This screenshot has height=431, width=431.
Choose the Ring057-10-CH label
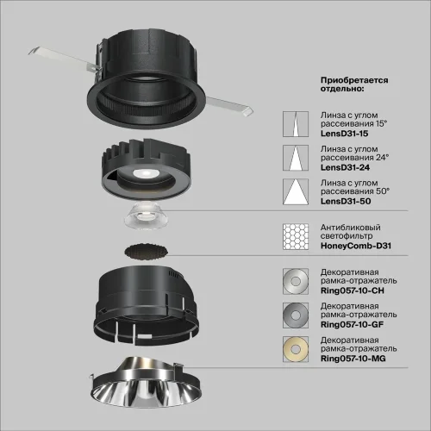[353, 292]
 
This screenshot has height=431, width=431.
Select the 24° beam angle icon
[295, 158]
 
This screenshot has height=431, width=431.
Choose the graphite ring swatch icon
[295, 315]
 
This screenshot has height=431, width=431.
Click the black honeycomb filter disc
[144, 252]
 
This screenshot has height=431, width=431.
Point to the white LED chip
[139, 174]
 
